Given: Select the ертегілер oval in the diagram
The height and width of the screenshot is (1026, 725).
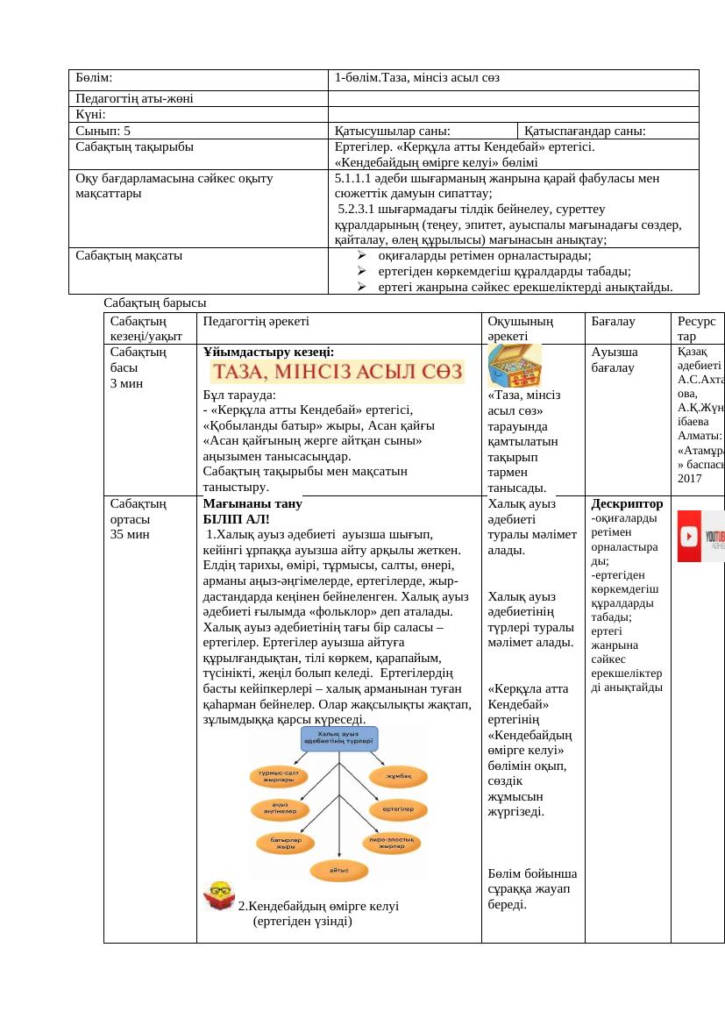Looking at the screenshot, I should (398, 809).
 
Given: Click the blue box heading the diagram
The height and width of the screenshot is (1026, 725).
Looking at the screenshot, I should (338, 737).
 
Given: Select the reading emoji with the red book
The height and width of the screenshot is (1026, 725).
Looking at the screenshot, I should (219, 897).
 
